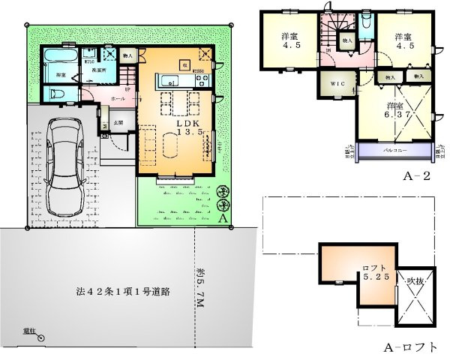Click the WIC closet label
[x=332, y=82]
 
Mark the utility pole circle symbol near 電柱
[x=40, y=337]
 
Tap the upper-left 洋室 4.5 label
[x=289, y=43]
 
